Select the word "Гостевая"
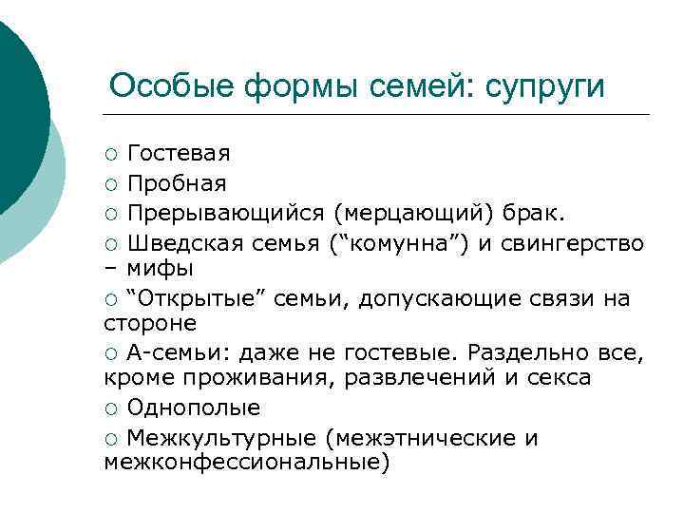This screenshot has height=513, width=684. tap(179, 153)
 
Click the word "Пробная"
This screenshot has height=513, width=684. tap(177, 181)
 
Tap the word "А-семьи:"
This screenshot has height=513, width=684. tap(175, 354)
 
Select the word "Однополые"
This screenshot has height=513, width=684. tap(194, 408)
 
